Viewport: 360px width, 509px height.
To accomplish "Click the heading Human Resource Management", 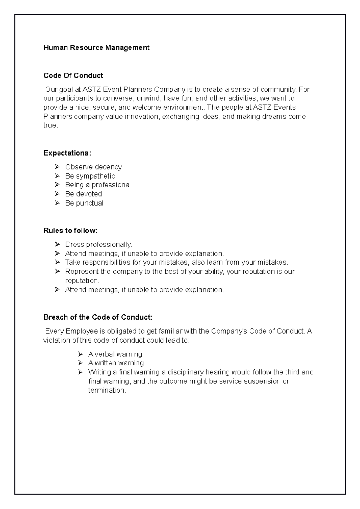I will (x=96, y=48).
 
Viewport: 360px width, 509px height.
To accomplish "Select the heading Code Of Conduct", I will (x=73, y=76).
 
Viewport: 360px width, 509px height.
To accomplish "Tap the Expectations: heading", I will (x=67, y=153).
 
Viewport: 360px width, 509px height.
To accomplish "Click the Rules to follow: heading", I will (x=70, y=231).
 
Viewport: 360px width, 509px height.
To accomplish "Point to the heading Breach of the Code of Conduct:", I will (x=98, y=317).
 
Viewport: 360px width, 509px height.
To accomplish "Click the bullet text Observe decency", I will (x=93, y=167).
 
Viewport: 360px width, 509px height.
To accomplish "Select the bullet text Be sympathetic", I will (x=90, y=176).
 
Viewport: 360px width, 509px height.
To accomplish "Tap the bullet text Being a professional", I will (x=98, y=185).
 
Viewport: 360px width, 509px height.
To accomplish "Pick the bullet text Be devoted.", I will (x=84, y=194).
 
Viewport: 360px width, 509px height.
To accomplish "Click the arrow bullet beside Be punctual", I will (x=58, y=203).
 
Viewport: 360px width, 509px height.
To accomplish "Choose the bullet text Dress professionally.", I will (x=98, y=245).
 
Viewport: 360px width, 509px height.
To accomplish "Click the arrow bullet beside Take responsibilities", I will (x=58, y=262).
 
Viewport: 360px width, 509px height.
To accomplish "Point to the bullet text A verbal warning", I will (x=115, y=354).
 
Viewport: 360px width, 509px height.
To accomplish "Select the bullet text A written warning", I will (x=116, y=363).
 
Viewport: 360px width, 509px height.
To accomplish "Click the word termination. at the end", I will (x=107, y=390).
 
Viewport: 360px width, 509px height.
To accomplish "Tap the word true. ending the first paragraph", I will (x=50, y=125).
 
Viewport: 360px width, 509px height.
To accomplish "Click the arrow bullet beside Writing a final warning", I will (x=80, y=372).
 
